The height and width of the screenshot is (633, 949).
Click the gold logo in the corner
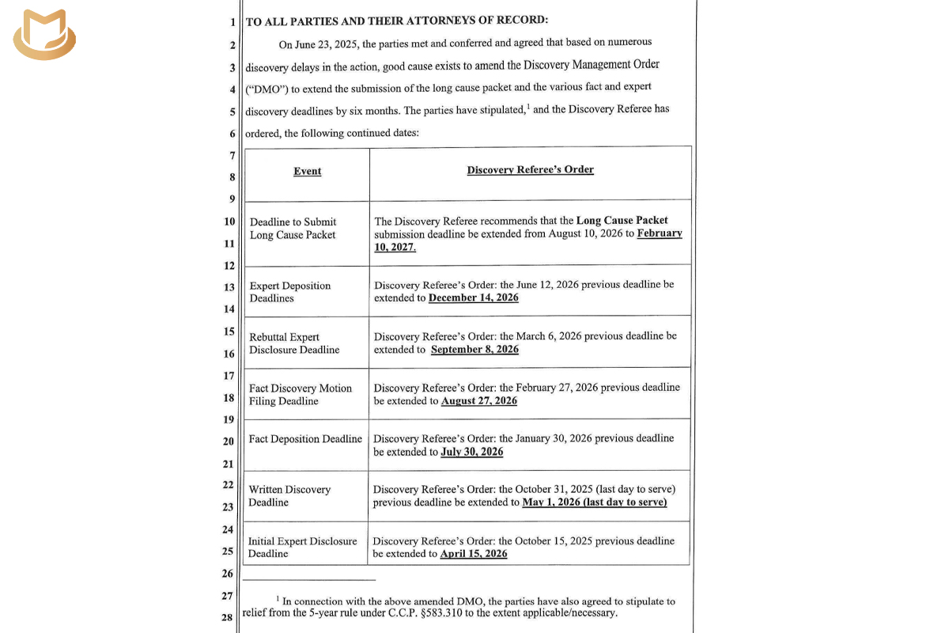[x=45, y=36]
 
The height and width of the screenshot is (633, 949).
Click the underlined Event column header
[x=307, y=171]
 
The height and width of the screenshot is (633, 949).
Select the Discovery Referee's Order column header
[x=530, y=169]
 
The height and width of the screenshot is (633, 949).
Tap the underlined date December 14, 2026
[x=473, y=298]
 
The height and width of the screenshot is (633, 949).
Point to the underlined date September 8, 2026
[x=475, y=349]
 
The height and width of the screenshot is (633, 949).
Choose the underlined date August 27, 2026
[x=478, y=400]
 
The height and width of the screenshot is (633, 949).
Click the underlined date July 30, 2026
[x=471, y=452]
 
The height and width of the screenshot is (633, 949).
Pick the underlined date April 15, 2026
[x=473, y=553]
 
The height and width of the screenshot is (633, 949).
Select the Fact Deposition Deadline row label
[x=305, y=438]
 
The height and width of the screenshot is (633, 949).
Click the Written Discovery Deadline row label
[x=289, y=496]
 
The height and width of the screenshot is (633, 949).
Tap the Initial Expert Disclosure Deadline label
[x=302, y=548]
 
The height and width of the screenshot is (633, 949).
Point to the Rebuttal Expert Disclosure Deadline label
[x=294, y=343]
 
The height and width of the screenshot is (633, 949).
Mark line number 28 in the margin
[x=227, y=617]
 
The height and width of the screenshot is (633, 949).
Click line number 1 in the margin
[x=233, y=22]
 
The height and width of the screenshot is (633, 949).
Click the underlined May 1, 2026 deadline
[x=594, y=502]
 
